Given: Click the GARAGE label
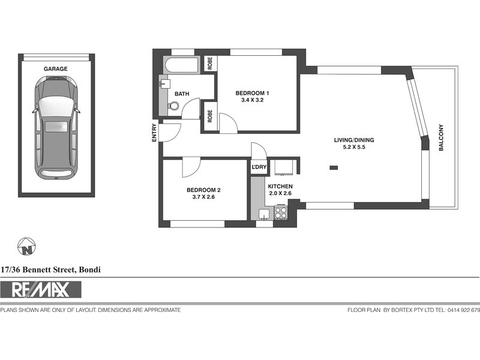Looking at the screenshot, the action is tap(55, 69).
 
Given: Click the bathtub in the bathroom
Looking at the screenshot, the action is tap(182, 65).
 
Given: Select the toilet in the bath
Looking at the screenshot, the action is tap(173, 106).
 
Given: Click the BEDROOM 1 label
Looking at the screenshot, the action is tap(252, 93).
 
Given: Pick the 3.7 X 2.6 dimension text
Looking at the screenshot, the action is tap(203, 197).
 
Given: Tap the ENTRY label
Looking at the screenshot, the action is tap(154, 133).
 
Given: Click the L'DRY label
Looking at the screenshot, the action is tap(259, 167).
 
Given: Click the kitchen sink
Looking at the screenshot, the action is tap(263, 214).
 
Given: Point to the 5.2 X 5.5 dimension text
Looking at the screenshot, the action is tap(354, 147).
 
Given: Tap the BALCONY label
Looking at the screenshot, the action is tap(441, 137).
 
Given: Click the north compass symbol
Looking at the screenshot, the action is tap(26, 247).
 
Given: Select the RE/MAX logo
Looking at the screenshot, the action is tap(41, 290).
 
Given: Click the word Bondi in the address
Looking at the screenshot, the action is tap(89, 269).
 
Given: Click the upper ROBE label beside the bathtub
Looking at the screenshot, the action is tap(210, 64).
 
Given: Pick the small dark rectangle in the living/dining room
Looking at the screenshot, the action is tap(334, 168).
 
